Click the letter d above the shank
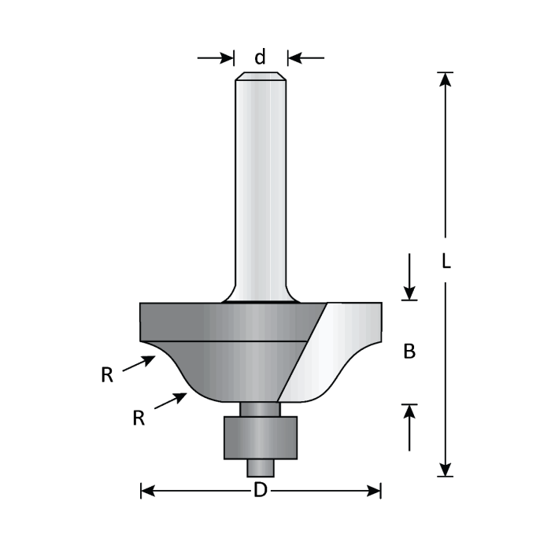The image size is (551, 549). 260,57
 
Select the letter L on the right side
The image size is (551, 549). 446,261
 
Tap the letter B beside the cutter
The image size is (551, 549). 409,352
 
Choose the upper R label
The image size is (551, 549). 107,375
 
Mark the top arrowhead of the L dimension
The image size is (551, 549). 446,79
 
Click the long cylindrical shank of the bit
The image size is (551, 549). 260,189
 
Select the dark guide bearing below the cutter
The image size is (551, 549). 260,437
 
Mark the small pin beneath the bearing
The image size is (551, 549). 260,466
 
